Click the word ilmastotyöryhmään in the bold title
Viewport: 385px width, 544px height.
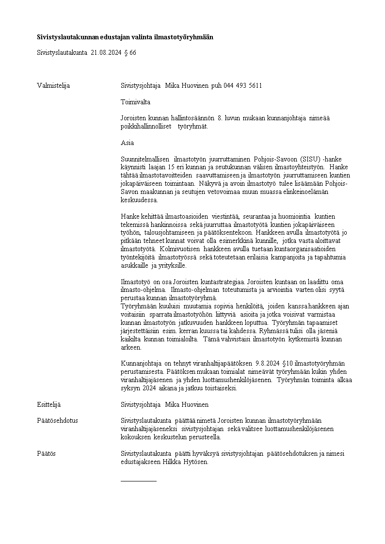185,37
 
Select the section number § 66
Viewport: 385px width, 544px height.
130,52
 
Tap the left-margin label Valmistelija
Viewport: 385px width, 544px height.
53,86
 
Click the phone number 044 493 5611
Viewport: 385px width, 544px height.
243,86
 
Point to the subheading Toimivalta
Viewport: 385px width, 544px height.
135,102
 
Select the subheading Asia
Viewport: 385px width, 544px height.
127,143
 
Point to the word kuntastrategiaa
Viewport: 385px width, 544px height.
225,282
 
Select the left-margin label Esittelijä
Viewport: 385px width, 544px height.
49,404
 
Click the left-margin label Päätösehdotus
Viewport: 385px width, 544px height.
57,421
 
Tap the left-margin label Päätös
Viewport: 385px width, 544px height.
46,453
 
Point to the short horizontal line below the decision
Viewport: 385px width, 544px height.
139,481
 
